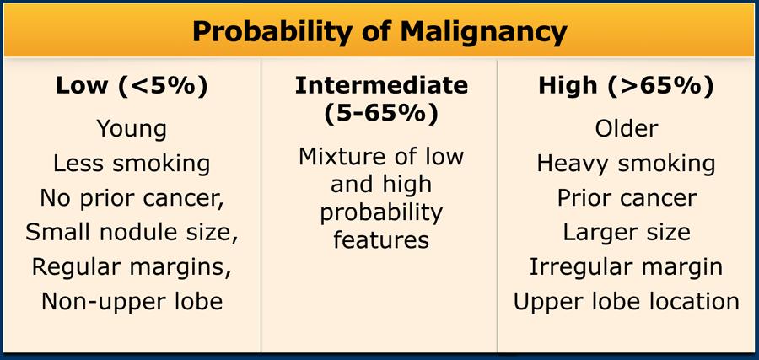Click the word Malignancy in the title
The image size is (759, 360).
click(x=483, y=32)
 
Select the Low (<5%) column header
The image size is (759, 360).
click(x=132, y=86)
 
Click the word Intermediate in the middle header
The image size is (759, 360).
click(x=381, y=86)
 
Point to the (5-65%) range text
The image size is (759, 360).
click(x=381, y=114)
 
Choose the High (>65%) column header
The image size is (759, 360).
click(x=626, y=86)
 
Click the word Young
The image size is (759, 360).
click(x=132, y=130)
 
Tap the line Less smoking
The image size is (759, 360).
click(x=132, y=164)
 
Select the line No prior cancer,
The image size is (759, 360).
click(x=132, y=198)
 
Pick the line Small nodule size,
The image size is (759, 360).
click(x=132, y=233)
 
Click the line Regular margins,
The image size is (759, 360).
click(x=132, y=267)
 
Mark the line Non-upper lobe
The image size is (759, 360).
click(x=132, y=302)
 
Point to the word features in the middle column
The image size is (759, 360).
click(x=381, y=239)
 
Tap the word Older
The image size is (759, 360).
click(x=626, y=129)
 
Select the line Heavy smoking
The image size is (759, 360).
click(x=626, y=164)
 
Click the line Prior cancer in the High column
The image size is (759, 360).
click(x=626, y=198)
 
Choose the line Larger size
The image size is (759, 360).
click(x=626, y=233)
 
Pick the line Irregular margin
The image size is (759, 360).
click(x=626, y=267)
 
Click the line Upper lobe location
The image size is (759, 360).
click(x=626, y=302)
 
